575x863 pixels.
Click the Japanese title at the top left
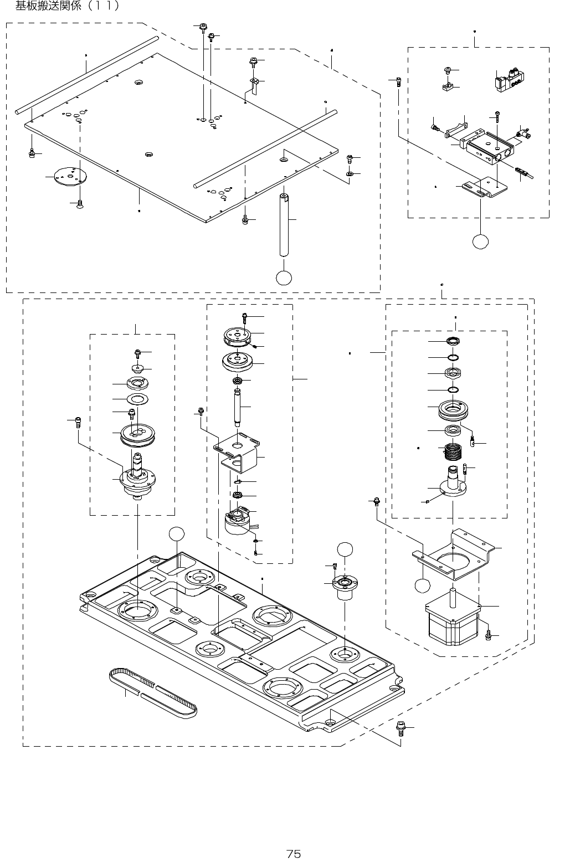point(67,7)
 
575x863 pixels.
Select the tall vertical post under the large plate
point(284,224)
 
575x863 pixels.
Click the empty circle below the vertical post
point(284,278)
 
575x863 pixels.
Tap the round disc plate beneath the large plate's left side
point(70,176)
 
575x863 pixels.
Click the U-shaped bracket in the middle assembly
point(239,454)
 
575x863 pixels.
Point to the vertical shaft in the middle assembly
point(238,407)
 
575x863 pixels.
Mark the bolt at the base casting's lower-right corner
point(401,727)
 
